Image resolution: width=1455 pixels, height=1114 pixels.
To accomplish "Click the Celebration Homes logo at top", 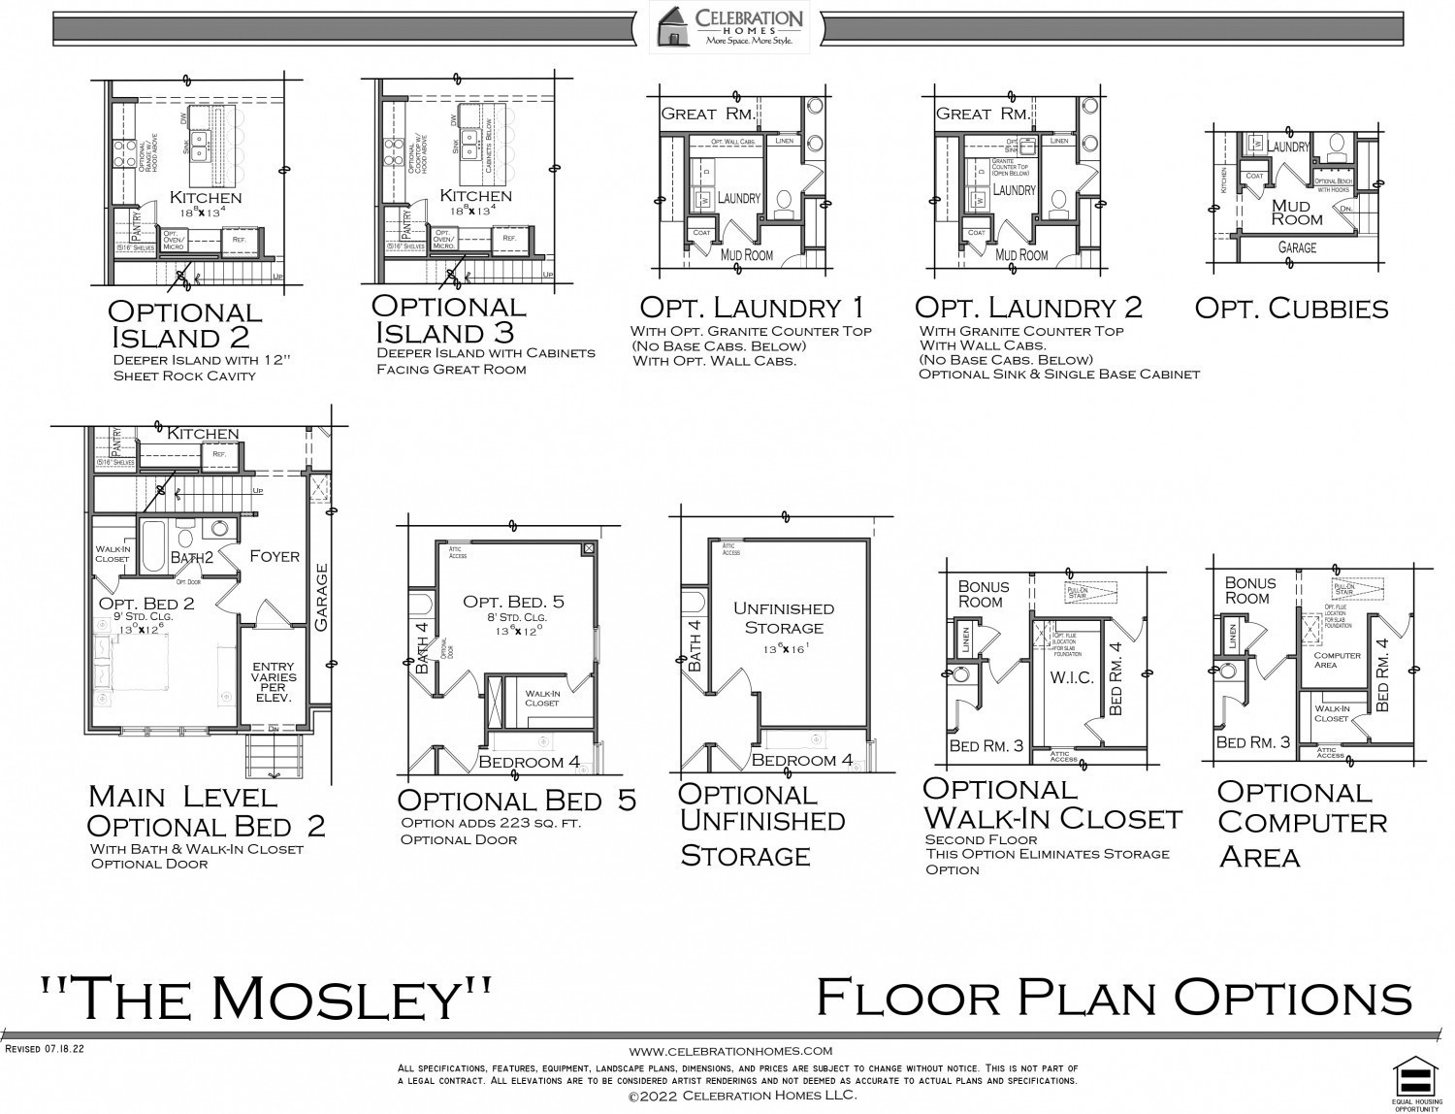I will (x=729, y=26).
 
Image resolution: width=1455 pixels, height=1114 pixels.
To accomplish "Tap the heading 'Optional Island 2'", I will (x=184, y=324).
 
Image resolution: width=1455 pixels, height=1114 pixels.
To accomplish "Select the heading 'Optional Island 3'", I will (x=448, y=318).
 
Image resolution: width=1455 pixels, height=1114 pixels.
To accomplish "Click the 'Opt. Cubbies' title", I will (x=1291, y=309).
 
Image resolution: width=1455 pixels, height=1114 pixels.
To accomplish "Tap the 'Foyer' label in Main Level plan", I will (x=275, y=556).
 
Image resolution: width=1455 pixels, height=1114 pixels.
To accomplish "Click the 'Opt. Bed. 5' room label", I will (x=513, y=602).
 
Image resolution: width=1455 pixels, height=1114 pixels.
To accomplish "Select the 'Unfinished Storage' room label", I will (x=783, y=618).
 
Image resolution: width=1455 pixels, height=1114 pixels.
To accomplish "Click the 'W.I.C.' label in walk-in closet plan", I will (x=1072, y=677).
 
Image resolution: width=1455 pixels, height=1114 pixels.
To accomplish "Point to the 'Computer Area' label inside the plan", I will (x=1338, y=660).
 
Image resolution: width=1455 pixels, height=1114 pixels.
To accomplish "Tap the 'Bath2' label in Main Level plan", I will (x=191, y=558).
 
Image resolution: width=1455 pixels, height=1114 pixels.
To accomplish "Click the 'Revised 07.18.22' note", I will (x=46, y=1049).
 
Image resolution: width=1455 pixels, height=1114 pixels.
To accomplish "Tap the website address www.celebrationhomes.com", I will (x=730, y=1051).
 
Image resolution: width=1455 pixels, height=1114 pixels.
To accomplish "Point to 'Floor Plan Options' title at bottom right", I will (x=1114, y=998).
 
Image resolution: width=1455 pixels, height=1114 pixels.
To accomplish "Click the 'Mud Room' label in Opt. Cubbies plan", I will (x=1296, y=212).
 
